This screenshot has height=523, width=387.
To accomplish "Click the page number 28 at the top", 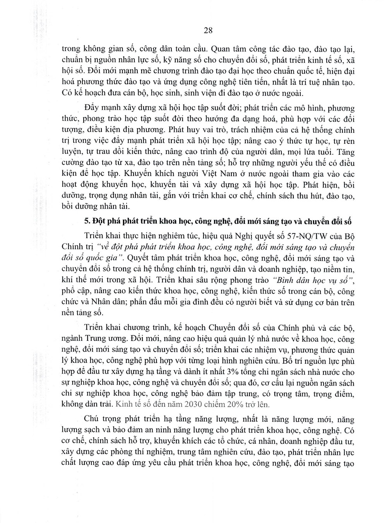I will click(x=208, y=31).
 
